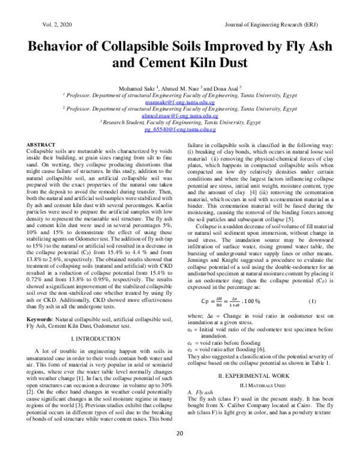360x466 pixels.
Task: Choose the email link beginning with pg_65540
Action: [x=181, y=129]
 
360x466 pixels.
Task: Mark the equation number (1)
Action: [x=312, y=300]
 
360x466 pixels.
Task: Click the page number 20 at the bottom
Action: [x=179, y=450]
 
